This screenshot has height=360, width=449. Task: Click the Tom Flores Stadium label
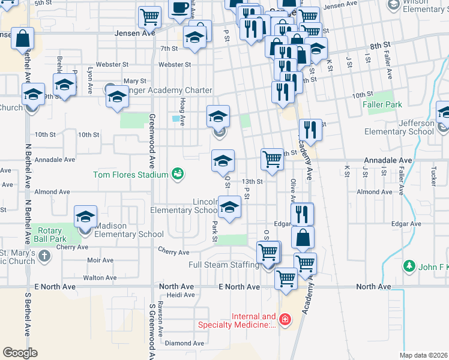130,175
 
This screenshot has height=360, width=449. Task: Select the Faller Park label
382,104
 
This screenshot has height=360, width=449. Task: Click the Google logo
20,353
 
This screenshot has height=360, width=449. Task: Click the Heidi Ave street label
181,295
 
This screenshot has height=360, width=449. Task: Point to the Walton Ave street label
100,278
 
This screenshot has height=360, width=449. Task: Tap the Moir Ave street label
100,260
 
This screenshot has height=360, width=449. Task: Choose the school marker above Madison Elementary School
86,217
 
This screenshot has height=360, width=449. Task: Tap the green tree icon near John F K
410,265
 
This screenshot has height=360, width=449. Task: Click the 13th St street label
252,181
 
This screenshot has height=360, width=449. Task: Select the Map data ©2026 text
424,355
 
